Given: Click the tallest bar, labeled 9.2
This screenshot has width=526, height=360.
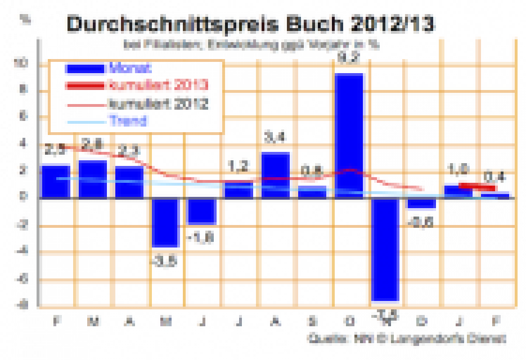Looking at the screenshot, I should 349,135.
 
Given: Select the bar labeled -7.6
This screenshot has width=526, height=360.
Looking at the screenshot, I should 385,250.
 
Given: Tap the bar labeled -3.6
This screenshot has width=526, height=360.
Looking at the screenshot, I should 166,222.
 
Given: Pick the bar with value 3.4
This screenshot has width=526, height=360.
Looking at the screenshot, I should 276,174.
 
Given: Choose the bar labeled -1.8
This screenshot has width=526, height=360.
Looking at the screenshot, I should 203,211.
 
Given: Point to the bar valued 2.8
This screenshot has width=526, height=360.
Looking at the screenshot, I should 93,179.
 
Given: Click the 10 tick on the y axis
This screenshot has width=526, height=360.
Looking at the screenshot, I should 24,64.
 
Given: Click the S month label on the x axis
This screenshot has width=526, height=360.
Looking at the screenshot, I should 313,321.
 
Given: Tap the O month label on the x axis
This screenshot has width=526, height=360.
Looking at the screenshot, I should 349,321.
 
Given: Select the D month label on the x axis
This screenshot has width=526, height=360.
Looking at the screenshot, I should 422,321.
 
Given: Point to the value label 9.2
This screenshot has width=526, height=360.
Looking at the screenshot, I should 349,57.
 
